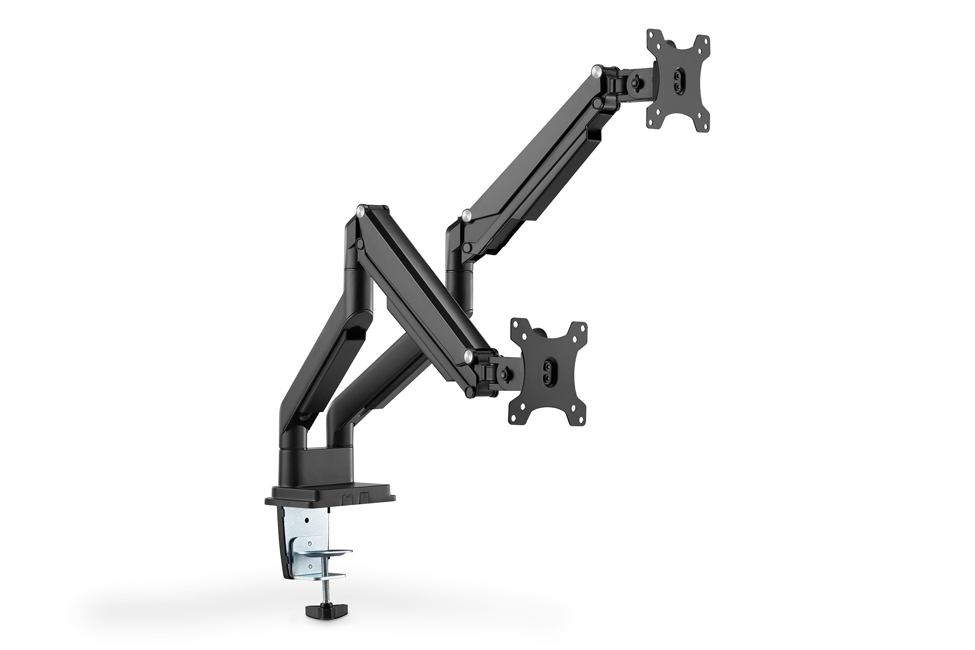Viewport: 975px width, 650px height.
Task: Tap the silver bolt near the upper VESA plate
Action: [596, 72]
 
